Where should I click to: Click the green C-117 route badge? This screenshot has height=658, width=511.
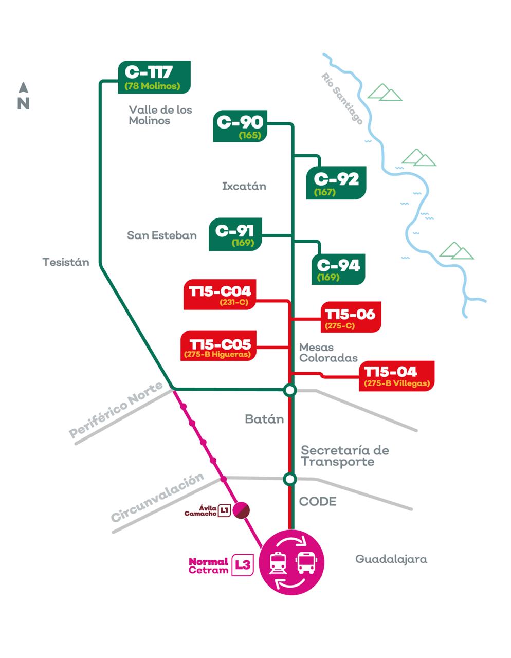pyautogui.click(x=154, y=77)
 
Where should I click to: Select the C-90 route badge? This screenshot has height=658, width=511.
pyautogui.click(x=239, y=127)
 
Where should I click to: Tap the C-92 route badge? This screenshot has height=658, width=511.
pyautogui.click(x=336, y=183)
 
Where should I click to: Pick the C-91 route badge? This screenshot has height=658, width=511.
pyautogui.click(x=235, y=234)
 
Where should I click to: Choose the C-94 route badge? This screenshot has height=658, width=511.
pyautogui.click(x=338, y=269)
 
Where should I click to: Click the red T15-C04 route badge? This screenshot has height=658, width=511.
pyautogui.click(x=220, y=295)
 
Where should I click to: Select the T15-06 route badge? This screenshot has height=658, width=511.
pyautogui.click(x=350, y=318)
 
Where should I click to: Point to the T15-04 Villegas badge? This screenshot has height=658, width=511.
pyautogui.click(x=397, y=376)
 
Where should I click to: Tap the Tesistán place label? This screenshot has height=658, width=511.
pyautogui.click(x=66, y=262)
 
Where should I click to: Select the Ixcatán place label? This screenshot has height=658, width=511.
pyautogui.click(x=244, y=186)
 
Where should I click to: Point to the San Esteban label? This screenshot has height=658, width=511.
pyautogui.click(x=162, y=235)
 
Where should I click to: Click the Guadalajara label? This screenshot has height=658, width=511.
pyautogui.click(x=391, y=559)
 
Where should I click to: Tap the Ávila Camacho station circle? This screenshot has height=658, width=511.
pyautogui.click(x=241, y=510)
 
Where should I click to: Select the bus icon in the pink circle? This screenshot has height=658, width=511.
pyautogui.click(x=306, y=562)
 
